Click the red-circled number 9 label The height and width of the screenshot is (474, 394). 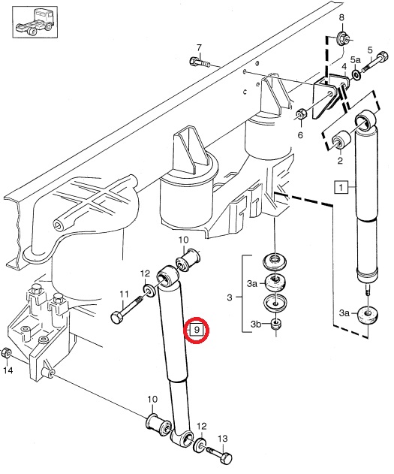(197, 330)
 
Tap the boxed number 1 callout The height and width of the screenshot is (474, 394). (341, 188)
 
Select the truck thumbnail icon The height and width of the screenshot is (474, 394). (35, 23)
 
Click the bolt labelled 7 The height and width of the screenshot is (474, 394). (200, 63)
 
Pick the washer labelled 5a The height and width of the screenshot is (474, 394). (356, 74)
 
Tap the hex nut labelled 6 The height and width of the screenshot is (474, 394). (301, 113)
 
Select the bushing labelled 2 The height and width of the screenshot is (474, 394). (341, 140)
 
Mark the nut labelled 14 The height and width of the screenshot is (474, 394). (6, 353)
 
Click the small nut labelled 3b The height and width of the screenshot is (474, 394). (275, 325)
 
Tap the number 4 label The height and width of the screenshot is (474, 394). (344, 67)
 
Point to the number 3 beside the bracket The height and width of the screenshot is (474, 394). (230, 297)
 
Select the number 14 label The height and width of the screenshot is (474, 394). (8, 370)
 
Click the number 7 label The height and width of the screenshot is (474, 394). (199, 48)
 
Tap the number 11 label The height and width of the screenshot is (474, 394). (124, 294)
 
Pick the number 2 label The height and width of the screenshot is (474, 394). (340, 161)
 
